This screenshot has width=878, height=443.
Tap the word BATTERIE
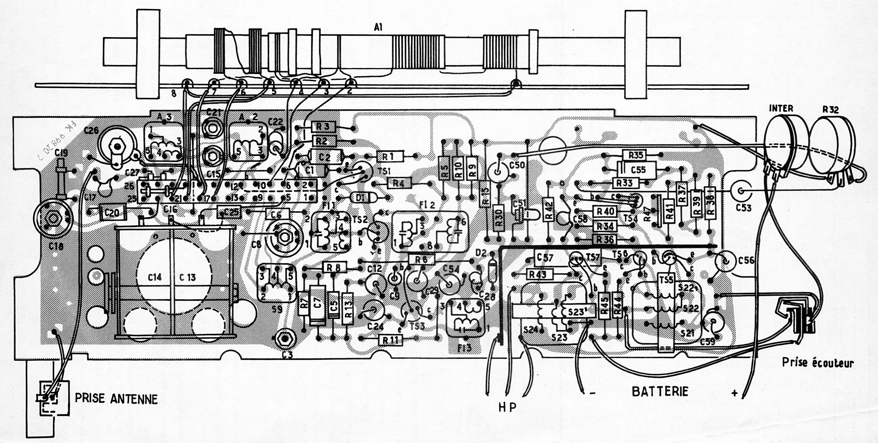coord(660,392)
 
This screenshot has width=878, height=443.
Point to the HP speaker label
coord(508,407)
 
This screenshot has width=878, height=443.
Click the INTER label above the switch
coord(781,109)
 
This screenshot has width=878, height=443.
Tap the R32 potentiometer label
coord(830,110)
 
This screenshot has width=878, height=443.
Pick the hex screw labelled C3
coord(285,338)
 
